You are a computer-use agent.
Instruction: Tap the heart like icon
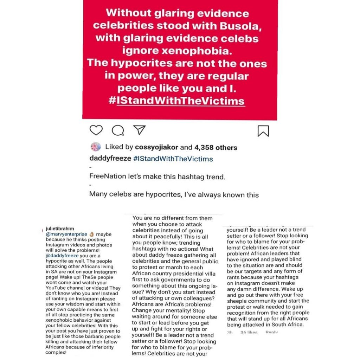[96, 130]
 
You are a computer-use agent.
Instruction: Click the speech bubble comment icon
[118, 130]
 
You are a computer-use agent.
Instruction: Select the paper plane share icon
[140, 130]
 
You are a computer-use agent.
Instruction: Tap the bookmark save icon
[263, 131]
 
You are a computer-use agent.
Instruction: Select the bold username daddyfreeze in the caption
[110, 159]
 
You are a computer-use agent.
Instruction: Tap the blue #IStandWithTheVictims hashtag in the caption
[173, 159]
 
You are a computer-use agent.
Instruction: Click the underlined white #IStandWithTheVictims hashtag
[176, 101]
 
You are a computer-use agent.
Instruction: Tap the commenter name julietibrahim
[60, 229]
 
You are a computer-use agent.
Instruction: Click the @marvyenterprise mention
[66, 234]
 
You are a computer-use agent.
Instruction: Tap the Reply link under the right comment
[271, 332]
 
